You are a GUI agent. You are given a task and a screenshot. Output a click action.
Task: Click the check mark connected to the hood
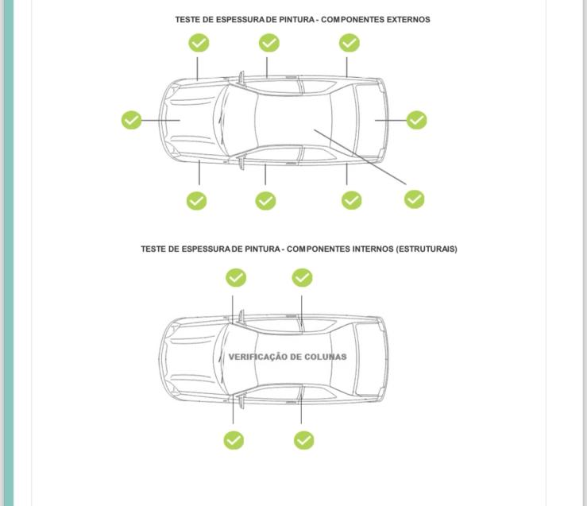[132, 120]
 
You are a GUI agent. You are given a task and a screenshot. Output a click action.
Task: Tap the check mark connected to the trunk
[416, 120]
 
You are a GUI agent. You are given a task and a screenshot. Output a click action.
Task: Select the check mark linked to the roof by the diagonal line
[414, 199]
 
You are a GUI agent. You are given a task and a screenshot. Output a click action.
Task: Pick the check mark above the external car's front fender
[199, 43]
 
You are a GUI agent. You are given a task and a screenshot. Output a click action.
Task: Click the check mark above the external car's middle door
[269, 43]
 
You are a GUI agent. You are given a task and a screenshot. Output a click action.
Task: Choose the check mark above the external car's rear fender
[349, 43]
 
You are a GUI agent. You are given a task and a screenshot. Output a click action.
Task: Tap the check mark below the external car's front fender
[196, 201]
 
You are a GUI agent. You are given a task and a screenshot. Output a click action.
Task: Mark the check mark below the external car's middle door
[265, 201]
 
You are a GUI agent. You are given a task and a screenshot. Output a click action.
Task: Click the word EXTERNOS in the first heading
[407, 19]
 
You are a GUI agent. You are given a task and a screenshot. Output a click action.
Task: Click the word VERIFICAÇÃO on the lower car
[257, 357]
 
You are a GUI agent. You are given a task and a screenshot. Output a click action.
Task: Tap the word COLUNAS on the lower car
[325, 357]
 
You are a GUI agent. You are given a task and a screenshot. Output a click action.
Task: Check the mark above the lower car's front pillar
[236, 277]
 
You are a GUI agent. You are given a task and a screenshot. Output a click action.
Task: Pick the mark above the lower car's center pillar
[302, 277]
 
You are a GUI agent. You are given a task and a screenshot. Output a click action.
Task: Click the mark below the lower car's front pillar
[234, 440]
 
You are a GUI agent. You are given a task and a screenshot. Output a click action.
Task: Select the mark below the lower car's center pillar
[303, 440]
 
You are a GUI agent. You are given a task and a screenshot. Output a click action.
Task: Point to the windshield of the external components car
[235, 119]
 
